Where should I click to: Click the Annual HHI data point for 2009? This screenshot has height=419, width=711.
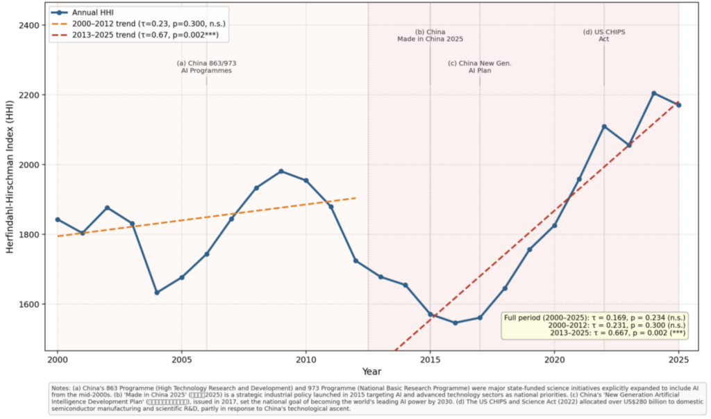(281, 171)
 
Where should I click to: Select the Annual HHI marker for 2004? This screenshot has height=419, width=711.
(157, 293)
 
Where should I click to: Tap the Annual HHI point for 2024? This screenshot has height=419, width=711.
(653, 93)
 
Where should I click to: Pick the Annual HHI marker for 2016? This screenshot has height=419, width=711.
(455, 322)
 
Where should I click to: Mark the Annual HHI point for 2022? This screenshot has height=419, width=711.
(604, 126)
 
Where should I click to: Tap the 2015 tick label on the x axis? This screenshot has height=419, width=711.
(430, 361)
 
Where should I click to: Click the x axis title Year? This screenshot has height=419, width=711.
(371, 372)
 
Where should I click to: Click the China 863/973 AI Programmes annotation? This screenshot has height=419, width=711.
(206, 67)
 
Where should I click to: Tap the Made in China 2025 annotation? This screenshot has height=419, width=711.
(430, 35)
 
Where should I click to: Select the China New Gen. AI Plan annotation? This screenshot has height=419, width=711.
(479, 67)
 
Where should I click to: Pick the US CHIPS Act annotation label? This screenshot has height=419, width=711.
(603, 35)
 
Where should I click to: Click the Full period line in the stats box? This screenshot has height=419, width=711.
(594, 318)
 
